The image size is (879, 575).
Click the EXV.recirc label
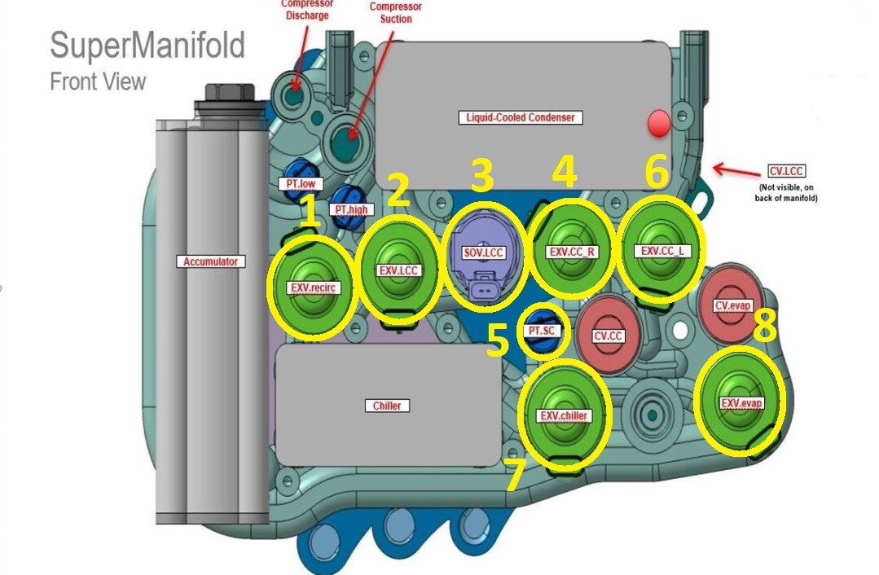pos(314,287)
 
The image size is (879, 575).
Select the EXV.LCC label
pos(399,271)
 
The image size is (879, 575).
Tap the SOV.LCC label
pos(484,253)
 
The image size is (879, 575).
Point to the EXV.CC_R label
pos(572,252)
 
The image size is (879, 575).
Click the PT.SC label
pos(543,331)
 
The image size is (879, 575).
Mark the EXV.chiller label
pos(564,415)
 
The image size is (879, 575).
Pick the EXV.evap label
pos(741,403)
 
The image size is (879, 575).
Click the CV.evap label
pos(732,306)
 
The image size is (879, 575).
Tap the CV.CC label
pos(609,336)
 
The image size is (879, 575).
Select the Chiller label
pos(387,406)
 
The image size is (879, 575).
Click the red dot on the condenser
pos(657,124)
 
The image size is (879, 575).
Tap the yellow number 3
pos(482,175)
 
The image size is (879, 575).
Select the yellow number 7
pos(514,476)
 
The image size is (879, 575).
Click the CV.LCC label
pos(785,172)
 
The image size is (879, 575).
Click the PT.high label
pos(353,209)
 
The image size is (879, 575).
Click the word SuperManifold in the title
pos(147,46)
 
